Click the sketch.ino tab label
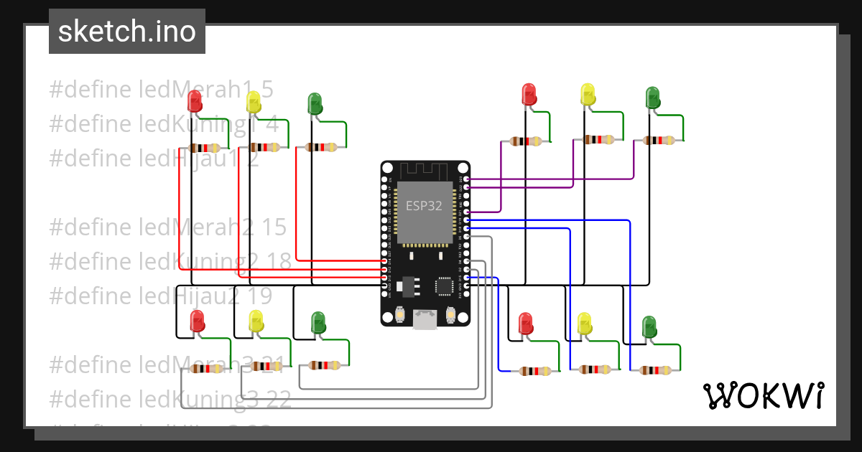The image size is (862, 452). click(126, 32)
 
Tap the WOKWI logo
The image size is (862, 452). click(763, 396)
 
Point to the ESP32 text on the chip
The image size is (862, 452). click(424, 206)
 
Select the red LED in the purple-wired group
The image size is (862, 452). click(529, 95)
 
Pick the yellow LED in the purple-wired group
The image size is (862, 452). click(588, 95)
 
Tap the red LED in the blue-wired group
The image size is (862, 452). click(526, 324)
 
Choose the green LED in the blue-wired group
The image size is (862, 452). click(649, 326)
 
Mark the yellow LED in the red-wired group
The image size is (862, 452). click(253, 102)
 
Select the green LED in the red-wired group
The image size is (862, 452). click(315, 103)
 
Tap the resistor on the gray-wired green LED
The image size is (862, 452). click(323, 365)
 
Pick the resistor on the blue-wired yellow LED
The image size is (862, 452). click(598, 370)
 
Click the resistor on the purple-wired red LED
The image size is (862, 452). click(526, 142)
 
